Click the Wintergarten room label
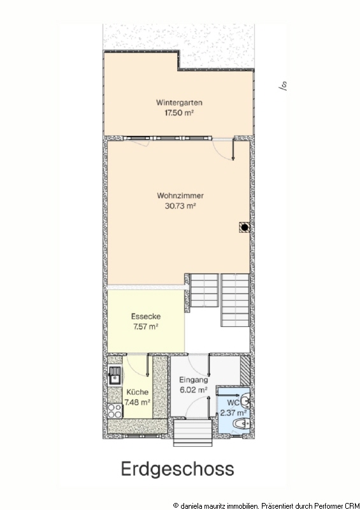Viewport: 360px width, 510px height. click(x=179, y=103)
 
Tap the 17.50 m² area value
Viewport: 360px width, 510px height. click(x=179, y=113)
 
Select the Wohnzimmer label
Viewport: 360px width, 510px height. click(x=180, y=196)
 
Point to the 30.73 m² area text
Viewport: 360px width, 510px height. click(x=180, y=206)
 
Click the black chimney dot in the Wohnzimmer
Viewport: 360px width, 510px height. click(x=245, y=227)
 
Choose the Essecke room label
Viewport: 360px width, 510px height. click(x=146, y=316)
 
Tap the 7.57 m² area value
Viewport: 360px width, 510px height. click(x=146, y=326)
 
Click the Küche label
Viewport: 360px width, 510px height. click(x=137, y=392)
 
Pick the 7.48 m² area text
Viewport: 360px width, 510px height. click(x=137, y=402)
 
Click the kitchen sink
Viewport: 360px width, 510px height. click(x=115, y=375)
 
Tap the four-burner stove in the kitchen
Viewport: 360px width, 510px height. click(x=115, y=411)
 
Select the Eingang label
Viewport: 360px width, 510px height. click(x=194, y=380)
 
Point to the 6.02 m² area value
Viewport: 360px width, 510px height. click(x=194, y=390)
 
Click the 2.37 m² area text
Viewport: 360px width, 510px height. click(x=233, y=413)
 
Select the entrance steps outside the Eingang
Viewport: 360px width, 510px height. click(x=192, y=433)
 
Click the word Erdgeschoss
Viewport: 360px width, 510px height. click(x=178, y=469)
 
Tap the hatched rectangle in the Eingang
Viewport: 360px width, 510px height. click(x=245, y=370)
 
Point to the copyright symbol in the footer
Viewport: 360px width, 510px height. click(x=176, y=506)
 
